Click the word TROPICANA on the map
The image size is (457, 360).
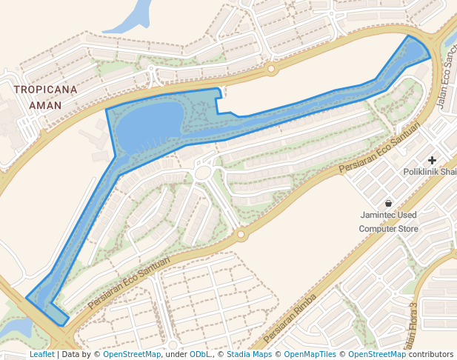45,90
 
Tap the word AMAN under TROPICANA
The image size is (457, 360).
45,105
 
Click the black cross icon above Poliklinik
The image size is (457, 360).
432,160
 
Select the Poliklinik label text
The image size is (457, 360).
430,172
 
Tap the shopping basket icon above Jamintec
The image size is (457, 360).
388,203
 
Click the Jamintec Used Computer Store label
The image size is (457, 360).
388,222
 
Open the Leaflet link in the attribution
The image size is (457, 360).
41,355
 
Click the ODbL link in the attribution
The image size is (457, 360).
200,355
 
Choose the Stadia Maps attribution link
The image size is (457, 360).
249,355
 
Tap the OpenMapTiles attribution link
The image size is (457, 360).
310,355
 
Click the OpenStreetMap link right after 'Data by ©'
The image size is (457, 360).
132,355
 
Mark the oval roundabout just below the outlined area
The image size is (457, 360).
203,173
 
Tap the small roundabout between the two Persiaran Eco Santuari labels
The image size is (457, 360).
240,235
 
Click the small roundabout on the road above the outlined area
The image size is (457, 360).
271,70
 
